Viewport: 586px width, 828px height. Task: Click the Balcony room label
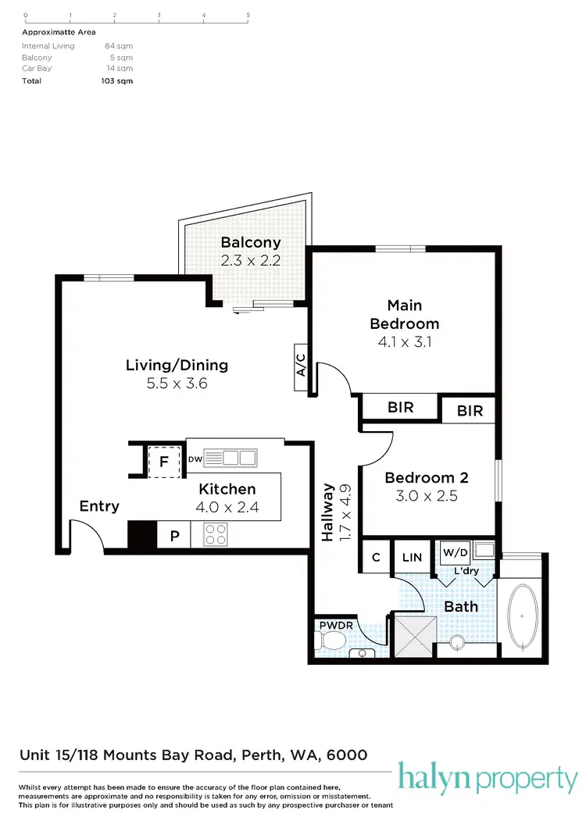click(x=250, y=242)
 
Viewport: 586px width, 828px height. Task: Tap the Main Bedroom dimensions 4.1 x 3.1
click(x=404, y=341)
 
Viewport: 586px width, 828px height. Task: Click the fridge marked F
click(x=163, y=462)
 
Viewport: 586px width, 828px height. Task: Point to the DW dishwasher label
click(x=195, y=459)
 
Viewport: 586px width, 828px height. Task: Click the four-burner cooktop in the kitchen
click(x=216, y=534)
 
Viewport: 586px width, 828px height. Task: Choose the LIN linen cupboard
click(x=412, y=557)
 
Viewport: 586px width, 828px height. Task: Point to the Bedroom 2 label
click(x=427, y=477)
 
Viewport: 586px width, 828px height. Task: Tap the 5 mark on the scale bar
click(x=248, y=15)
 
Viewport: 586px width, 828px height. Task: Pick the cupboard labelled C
click(x=376, y=557)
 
